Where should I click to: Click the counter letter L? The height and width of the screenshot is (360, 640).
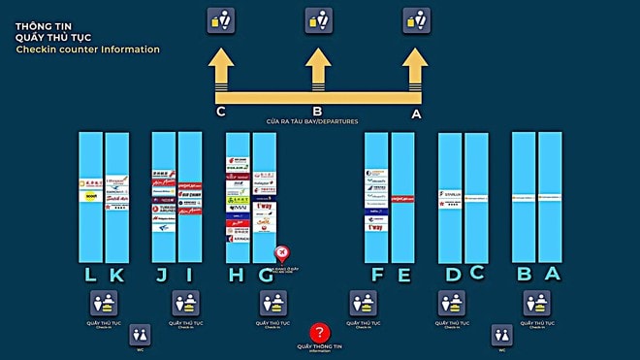(x=90, y=275)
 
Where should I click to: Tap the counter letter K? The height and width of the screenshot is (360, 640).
(x=116, y=275)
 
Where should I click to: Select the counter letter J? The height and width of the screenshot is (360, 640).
(x=161, y=275)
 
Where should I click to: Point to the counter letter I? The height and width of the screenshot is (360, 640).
(x=189, y=275)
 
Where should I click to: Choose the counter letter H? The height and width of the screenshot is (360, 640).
(x=236, y=275)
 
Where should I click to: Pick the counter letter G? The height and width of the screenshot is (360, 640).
(x=265, y=275)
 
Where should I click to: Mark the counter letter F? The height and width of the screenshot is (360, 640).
(x=377, y=275)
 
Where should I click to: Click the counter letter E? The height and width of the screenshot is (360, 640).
(x=404, y=275)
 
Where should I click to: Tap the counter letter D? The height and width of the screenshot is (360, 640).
(x=452, y=275)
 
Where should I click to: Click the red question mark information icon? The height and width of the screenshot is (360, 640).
(x=320, y=333)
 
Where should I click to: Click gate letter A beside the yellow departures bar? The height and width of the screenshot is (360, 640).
(x=417, y=113)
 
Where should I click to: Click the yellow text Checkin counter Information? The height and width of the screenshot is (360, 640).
(x=87, y=49)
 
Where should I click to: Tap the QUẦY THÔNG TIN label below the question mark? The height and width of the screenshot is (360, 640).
(x=320, y=346)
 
